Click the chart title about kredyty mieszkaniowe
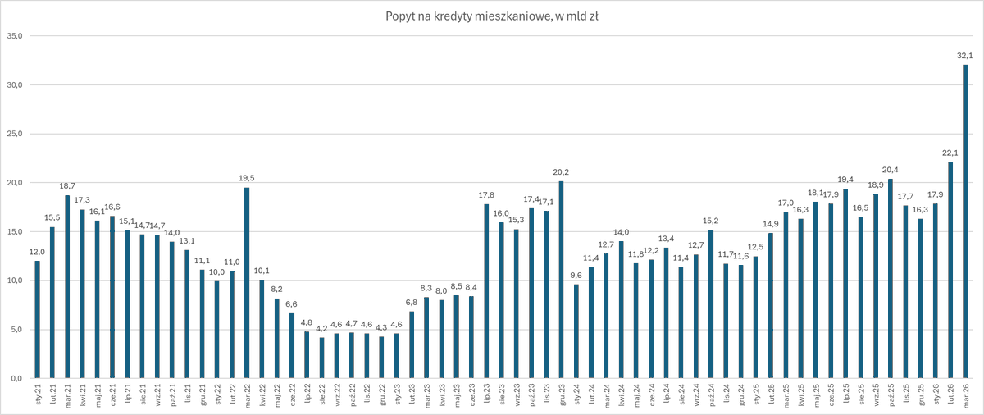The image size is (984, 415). point(491,16)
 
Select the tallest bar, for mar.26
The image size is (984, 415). point(965,221)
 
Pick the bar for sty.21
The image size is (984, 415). point(37,320)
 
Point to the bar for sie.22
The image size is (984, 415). point(322,358)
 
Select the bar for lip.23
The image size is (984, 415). point(486,291)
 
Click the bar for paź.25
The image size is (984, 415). point(891,279)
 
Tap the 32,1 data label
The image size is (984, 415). point(965,56)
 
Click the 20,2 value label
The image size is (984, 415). point(562,172)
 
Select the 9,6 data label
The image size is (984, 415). point(576,276)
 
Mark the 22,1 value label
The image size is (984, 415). point(950,153)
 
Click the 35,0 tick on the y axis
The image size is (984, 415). point(15,36)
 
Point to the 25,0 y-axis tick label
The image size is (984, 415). point(15,134)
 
